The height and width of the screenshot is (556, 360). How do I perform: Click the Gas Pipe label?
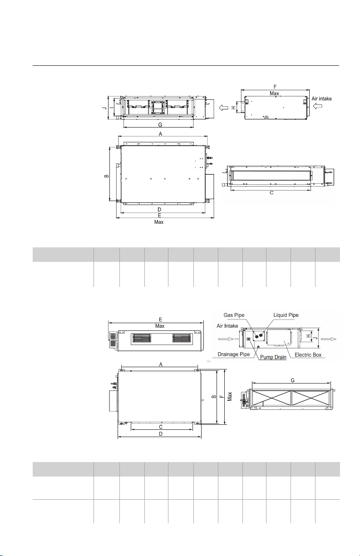coord(234,315)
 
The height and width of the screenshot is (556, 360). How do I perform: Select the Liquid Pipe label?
coord(286,315)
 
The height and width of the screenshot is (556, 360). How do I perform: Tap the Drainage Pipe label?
coord(234,354)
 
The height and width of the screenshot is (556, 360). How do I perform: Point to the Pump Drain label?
coord(273,357)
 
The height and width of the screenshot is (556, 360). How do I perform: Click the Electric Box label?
coord(308,355)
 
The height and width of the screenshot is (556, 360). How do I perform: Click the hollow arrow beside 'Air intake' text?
coord(317,106)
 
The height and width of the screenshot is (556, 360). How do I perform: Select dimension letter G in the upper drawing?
coord(160,124)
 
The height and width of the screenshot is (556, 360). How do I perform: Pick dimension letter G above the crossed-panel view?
coord(292,380)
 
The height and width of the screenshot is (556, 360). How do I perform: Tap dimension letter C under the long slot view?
coord(271,192)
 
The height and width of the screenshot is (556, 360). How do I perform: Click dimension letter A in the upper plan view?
coord(160,134)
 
